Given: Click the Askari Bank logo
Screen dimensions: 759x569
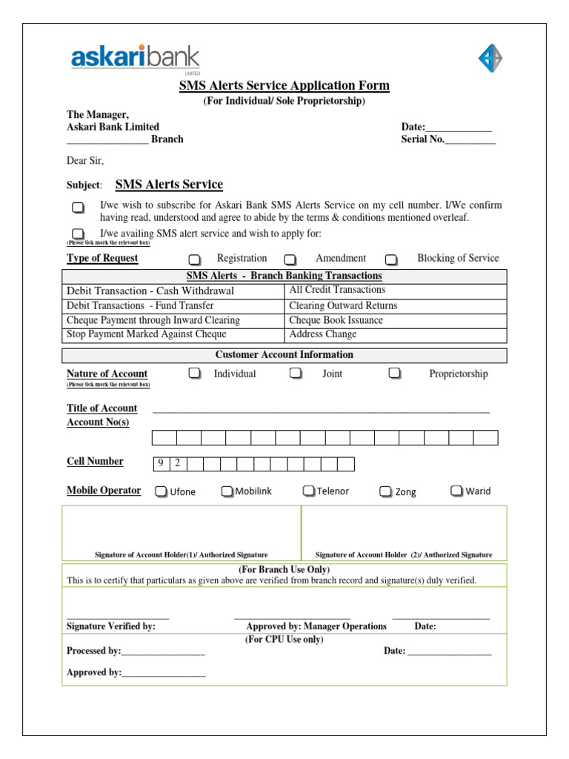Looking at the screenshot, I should click(x=135, y=59).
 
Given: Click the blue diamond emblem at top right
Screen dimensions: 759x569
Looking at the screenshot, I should click(x=490, y=58).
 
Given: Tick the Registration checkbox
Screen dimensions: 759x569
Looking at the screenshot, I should click(x=194, y=259).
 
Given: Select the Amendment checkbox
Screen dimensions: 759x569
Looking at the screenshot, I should click(x=290, y=259).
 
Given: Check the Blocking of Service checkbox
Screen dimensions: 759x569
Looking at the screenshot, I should click(x=391, y=259).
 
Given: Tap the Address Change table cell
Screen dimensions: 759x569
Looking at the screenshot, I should click(x=396, y=334).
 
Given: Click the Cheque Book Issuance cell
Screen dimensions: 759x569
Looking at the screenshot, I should click(x=396, y=320).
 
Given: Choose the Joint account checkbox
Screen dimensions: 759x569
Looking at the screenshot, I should click(x=296, y=374).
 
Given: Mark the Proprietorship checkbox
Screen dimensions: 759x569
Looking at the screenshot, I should click(x=395, y=374).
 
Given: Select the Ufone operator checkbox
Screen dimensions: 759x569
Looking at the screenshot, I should click(x=161, y=491).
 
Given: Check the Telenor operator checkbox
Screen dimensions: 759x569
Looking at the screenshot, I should click(x=308, y=491).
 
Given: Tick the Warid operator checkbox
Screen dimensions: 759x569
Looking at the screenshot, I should click(x=456, y=491).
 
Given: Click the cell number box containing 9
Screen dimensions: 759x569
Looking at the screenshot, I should click(x=161, y=464).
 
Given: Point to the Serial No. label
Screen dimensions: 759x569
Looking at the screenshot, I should click(x=422, y=139).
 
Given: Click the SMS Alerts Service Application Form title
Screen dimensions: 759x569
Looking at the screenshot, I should click(x=284, y=86).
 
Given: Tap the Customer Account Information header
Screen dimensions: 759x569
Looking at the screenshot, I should click(x=284, y=355).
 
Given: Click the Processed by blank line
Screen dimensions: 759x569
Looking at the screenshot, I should click(x=163, y=652).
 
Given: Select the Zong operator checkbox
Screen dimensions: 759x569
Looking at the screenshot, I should click(x=385, y=491).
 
